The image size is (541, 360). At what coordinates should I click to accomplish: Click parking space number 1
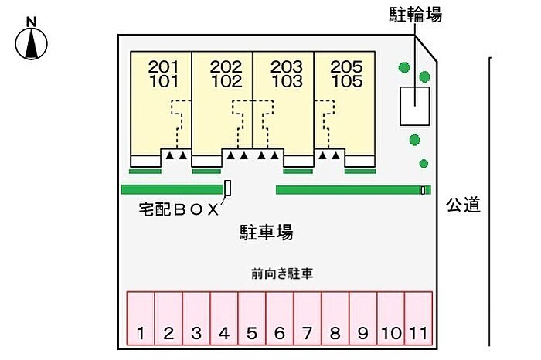point(141,318)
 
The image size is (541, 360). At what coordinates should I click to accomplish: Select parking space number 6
point(280,318)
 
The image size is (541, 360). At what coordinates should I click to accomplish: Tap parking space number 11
point(419,318)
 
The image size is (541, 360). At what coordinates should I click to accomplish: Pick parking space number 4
point(224,318)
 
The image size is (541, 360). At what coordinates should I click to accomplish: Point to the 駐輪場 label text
point(416,15)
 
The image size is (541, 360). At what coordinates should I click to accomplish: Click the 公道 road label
point(463,205)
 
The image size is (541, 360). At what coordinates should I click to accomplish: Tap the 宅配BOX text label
point(179,209)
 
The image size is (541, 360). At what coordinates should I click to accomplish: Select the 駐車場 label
point(267,233)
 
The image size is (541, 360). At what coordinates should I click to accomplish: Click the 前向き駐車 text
point(282,273)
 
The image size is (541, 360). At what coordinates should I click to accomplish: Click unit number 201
point(164,66)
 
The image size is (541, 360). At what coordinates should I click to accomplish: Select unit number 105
point(347,81)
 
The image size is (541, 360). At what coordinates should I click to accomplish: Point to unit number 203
point(287,66)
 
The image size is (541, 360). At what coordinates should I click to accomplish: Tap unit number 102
point(226,81)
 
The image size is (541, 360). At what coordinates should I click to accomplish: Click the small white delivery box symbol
point(228,188)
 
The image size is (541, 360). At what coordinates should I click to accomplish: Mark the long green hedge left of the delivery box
point(172,189)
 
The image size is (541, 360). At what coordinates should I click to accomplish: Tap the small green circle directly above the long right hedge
point(424,164)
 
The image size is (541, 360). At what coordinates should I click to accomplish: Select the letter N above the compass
point(32,22)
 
